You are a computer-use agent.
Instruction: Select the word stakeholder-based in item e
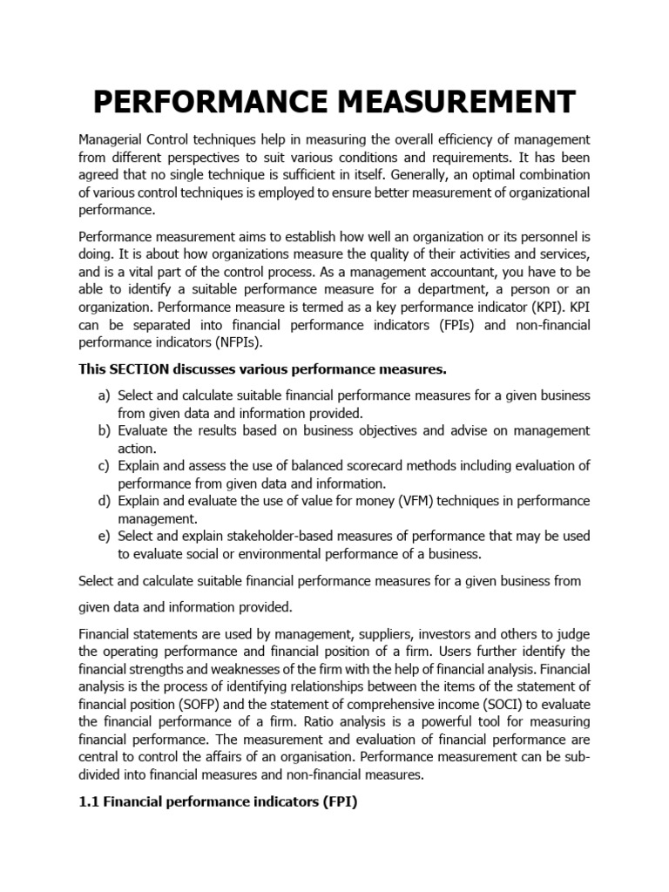273,536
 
